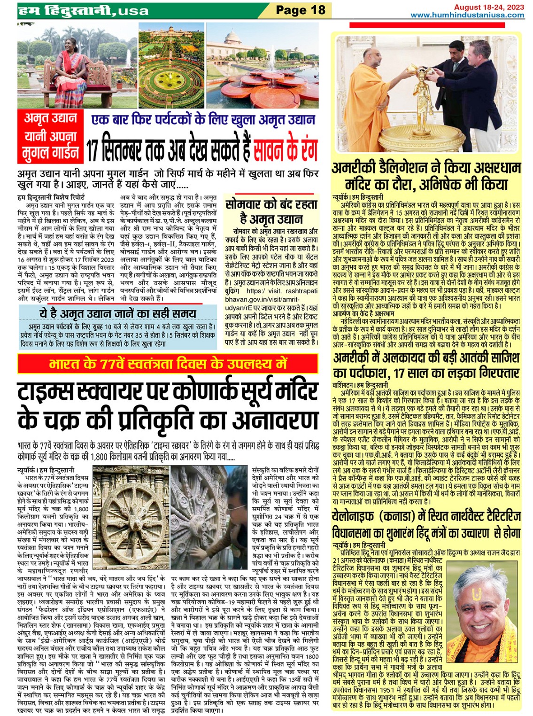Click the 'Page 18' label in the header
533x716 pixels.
coord(300,10)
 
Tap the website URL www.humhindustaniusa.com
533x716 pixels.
coord(467,15)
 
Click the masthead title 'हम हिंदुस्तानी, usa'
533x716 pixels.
coord(83,10)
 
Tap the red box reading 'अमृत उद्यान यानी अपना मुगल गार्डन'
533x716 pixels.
coord(51,136)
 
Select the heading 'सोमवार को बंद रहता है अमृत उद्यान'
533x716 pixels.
coord(271,211)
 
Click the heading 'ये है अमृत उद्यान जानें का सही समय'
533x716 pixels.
coord(117,313)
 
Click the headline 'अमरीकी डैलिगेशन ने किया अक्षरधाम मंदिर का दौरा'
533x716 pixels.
coord(426,176)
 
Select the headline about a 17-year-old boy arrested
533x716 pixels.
coord(426,365)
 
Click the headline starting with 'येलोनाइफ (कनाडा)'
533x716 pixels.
coord(426,524)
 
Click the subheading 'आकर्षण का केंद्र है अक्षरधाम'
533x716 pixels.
coord(363,313)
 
